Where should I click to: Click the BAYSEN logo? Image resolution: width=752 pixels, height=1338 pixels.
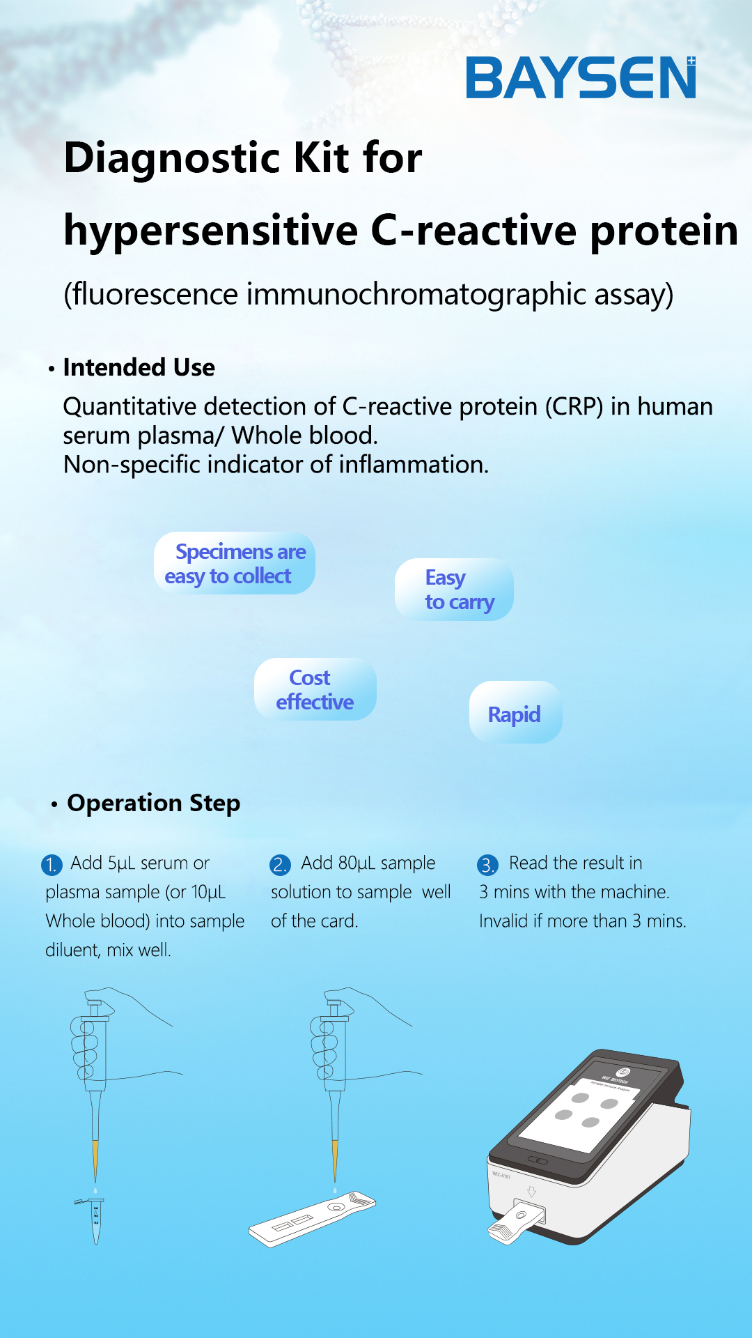coord(581,77)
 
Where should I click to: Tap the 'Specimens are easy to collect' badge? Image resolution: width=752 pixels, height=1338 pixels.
coord(235,563)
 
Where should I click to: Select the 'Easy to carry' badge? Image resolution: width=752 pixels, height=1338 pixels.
coord(454,590)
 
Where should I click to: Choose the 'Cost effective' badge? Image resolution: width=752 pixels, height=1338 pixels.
coord(315,689)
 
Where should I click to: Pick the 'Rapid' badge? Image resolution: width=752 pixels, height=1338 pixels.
coord(515,712)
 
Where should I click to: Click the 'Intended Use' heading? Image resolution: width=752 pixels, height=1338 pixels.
coord(139,367)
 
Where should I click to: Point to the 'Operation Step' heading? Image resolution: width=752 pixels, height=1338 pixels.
coord(154,803)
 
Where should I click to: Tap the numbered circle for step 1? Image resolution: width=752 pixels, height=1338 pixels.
coord(52,865)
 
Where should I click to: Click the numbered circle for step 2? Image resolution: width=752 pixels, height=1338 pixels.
coord(280,865)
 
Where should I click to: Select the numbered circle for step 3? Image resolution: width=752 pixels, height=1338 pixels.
coord(487,865)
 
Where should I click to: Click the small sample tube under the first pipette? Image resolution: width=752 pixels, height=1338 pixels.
coord(95,1220)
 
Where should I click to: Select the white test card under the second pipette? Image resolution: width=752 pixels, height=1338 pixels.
coord(312,1219)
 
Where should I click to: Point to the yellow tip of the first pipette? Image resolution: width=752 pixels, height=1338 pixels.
coord(95,1161)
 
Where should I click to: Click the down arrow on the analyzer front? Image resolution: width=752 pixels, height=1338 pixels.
coord(531,1192)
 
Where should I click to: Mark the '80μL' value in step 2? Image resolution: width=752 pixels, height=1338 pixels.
coord(357,863)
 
